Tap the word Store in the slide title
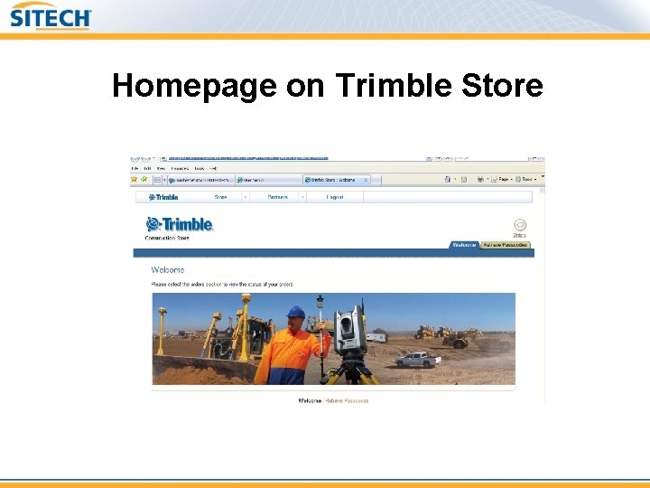tap(502, 86)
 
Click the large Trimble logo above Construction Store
tap(180, 224)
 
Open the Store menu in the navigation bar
tap(221, 196)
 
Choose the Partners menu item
tap(278, 196)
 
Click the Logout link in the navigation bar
tap(335, 196)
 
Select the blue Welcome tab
tap(464, 244)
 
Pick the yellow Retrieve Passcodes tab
tap(505, 244)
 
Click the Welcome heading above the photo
tap(168, 269)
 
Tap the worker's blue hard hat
tap(295, 312)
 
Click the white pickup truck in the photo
tap(418, 359)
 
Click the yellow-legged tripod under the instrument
tap(353, 370)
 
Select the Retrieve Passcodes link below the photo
tap(348, 400)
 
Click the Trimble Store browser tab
tap(335, 180)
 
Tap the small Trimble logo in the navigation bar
tap(162, 196)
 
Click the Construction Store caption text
tap(167, 238)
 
